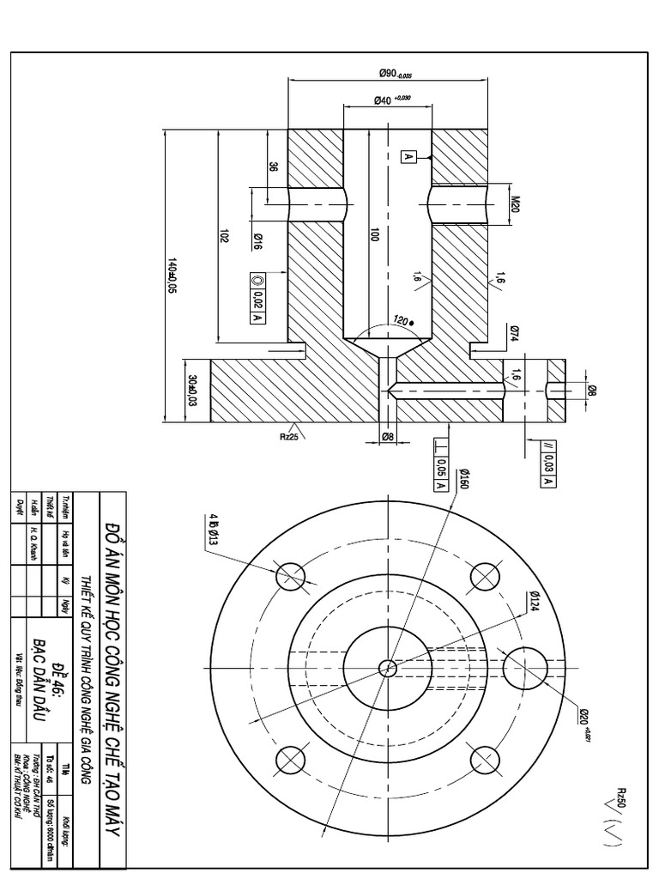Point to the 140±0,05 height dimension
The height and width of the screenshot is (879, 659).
tap(172, 276)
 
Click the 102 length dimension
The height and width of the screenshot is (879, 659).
tap(223, 237)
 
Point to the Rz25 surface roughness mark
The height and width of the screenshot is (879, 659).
tap(289, 434)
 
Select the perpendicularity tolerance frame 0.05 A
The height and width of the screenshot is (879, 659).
tap(440, 467)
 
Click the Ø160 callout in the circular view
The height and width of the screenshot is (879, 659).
tap(463, 480)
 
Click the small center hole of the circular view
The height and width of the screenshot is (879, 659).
tap(388, 667)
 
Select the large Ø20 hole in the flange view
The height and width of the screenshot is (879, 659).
tap(525, 667)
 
